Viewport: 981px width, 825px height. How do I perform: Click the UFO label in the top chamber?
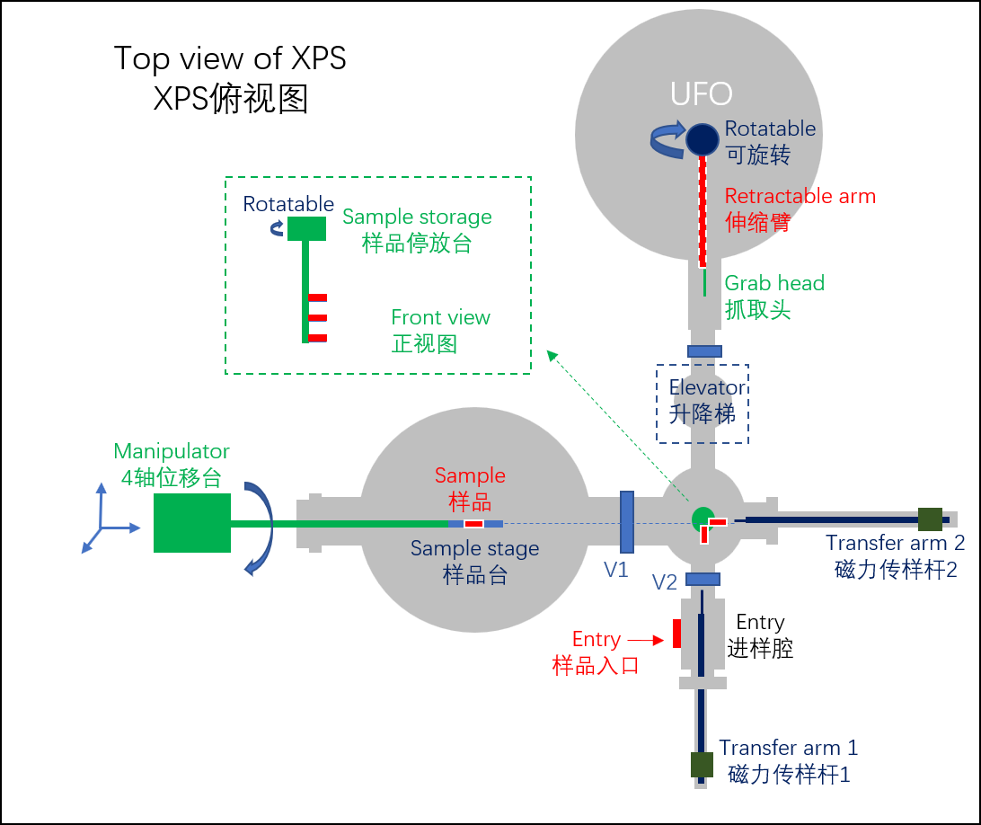point(702,93)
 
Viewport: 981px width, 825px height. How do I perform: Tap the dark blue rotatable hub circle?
point(703,139)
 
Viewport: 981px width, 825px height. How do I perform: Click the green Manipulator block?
point(192,522)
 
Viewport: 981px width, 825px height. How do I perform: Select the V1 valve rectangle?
point(627,521)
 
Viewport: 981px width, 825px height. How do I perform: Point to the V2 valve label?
point(665,581)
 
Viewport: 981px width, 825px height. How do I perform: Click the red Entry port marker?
point(676,633)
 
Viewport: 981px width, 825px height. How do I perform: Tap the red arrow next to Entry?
point(645,640)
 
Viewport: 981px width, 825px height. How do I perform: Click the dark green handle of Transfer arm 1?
point(702,765)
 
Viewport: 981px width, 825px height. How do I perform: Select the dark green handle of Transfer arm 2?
point(930,519)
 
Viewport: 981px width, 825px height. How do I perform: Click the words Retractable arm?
point(800,196)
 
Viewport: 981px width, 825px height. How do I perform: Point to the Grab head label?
point(774,283)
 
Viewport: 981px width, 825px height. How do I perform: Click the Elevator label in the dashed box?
point(707,387)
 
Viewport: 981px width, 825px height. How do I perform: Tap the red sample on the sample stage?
point(473,523)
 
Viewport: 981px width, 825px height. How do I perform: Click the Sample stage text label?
point(474,548)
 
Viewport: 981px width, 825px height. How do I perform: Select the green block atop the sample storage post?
point(306,228)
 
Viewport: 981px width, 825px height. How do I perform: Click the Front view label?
point(440,317)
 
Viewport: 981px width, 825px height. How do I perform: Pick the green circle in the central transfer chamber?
point(702,518)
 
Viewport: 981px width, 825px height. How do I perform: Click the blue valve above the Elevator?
point(703,350)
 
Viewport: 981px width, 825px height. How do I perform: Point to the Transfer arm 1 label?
point(788,748)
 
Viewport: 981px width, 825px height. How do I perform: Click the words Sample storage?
point(417,217)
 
